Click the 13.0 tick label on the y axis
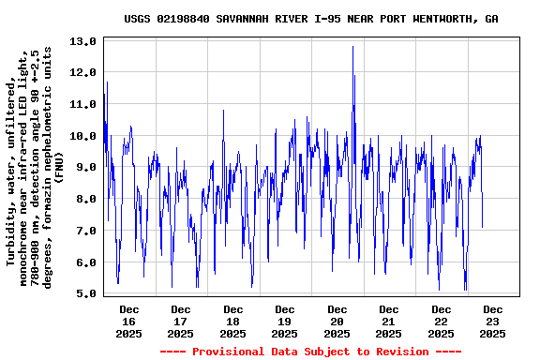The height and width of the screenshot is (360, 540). (83, 41)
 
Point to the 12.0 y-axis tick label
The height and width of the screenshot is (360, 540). (83, 73)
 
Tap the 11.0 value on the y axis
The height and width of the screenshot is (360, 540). (83, 104)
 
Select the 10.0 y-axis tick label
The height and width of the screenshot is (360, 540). (83, 136)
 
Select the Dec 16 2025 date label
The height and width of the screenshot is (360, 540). (128, 321)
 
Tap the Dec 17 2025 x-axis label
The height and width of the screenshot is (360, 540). (180, 321)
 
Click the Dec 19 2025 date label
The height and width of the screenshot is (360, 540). (284, 321)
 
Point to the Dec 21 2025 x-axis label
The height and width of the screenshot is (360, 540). (388, 321)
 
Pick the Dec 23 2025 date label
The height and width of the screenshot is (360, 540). (492, 321)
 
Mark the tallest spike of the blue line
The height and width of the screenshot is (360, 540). (353, 47)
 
